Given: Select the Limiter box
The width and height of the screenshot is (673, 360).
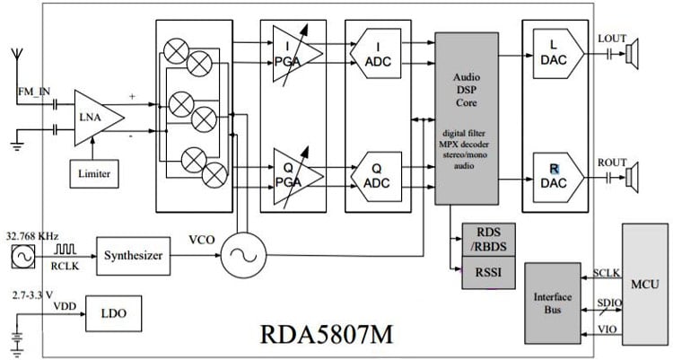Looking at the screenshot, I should (95, 172).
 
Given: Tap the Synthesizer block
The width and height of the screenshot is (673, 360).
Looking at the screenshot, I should (134, 256).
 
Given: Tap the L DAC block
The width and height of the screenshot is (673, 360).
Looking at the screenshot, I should (554, 54).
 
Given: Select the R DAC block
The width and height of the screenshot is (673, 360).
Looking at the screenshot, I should (554, 171).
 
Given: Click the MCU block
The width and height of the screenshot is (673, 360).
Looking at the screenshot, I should (644, 285).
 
